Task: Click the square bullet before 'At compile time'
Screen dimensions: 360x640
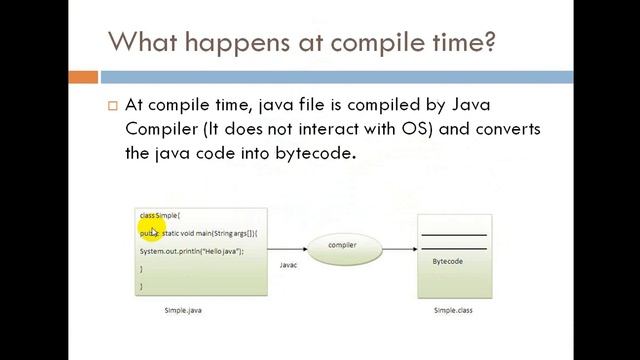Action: click(112, 105)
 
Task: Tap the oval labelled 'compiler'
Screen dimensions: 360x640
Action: click(342, 245)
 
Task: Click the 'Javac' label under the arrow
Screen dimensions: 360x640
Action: click(288, 265)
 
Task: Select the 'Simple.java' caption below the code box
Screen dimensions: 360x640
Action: click(183, 311)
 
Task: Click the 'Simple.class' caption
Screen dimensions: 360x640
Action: click(453, 311)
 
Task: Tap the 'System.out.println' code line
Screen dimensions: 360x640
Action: click(191, 251)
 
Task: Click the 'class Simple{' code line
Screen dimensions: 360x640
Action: click(159, 215)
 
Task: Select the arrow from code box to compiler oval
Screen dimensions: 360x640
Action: click(287, 246)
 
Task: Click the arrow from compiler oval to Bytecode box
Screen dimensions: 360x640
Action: click(398, 246)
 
